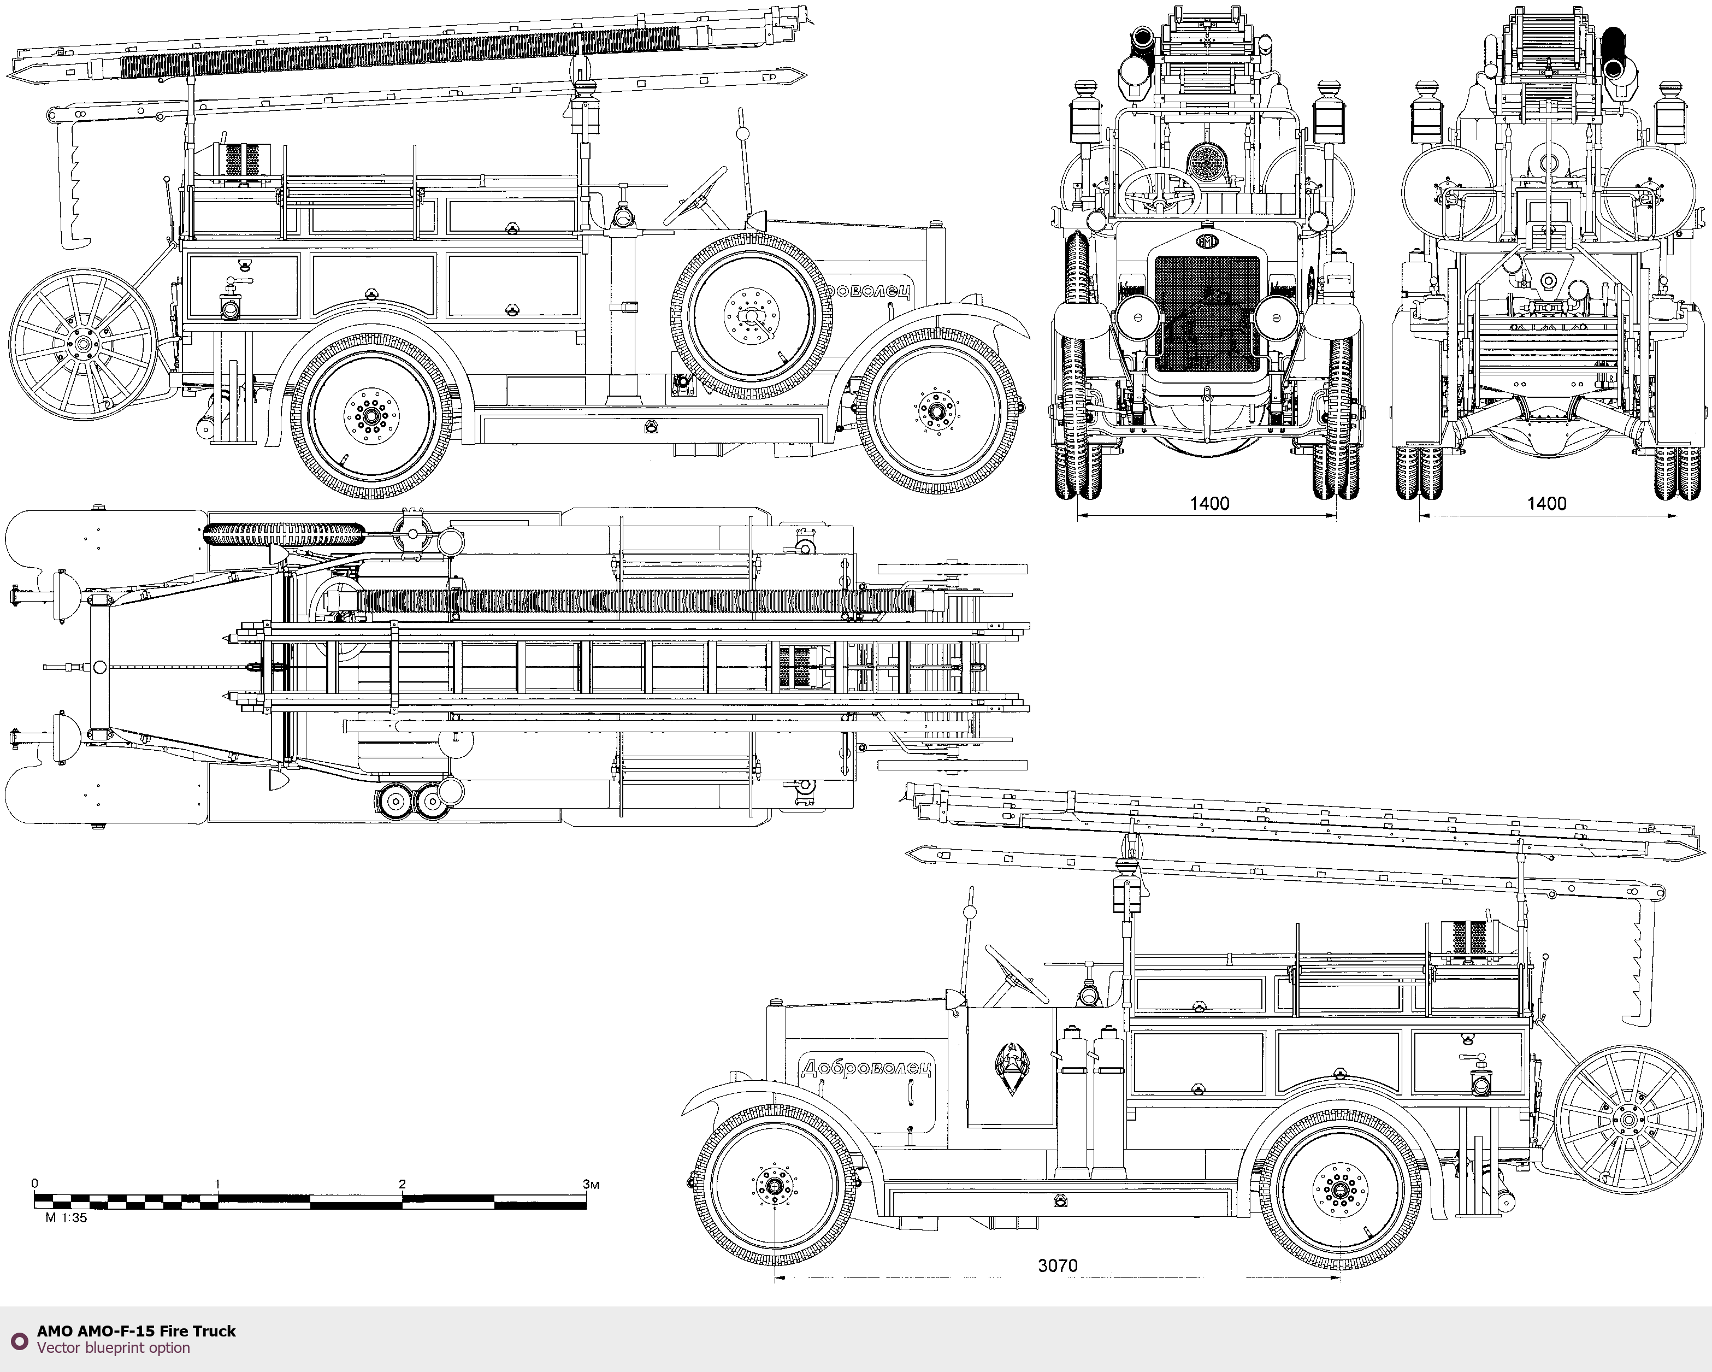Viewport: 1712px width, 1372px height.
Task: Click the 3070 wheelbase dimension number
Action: (1057, 1265)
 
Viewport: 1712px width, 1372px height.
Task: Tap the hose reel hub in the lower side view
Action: (1628, 1120)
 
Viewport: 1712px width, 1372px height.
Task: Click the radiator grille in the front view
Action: (1207, 314)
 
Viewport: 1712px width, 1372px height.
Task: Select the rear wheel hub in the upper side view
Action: (370, 413)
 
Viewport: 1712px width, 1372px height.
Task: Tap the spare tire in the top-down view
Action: (284, 533)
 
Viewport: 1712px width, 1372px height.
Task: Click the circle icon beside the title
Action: (19, 1339)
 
